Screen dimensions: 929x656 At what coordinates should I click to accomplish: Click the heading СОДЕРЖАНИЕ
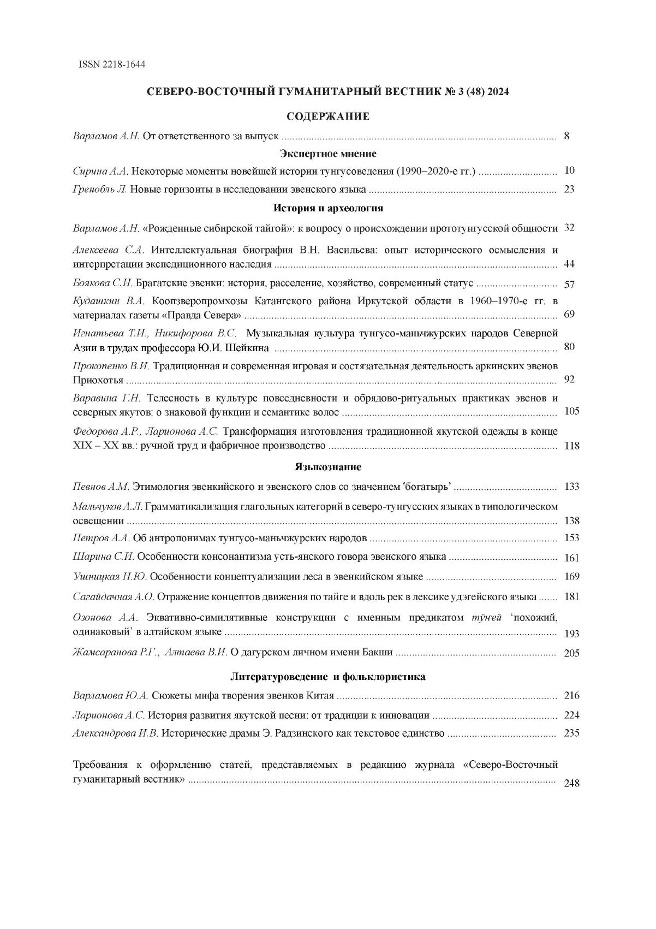click(x=328, y=116)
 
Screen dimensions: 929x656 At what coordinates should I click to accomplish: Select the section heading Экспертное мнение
click(x=328, y=153)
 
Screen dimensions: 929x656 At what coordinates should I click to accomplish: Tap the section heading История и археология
click(x=328, y=208)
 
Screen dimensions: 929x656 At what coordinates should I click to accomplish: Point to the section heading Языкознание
click(x=328, y=467)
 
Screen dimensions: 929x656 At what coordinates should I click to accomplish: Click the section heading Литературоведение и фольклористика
click(x=328, y=677)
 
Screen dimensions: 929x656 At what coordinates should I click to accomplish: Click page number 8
click(x=567, y=136)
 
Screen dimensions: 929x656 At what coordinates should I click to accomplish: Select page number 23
click(x=569, y=190)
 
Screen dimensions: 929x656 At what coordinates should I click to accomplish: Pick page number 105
click(x=571, y=411)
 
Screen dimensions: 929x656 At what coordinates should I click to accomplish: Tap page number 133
click(x=571, y=487)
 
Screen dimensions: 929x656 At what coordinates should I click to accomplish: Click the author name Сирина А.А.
click(x=100, y=171)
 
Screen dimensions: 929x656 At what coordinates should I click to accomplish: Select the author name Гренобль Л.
click(x=100, y=190)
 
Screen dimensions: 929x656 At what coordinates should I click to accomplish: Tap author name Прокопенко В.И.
click(x=111, y=365)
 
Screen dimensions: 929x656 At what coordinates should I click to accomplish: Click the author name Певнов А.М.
click(x=101, y=487)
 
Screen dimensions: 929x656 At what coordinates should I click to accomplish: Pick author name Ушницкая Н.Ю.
click(x=110, y=577)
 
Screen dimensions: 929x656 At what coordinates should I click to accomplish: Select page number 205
click(x=571, y=653)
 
